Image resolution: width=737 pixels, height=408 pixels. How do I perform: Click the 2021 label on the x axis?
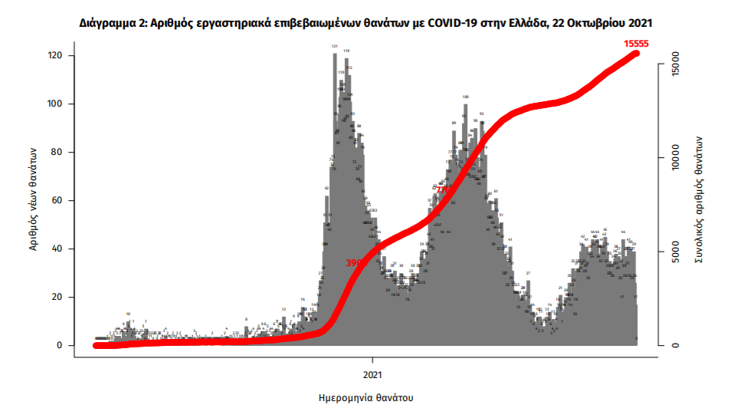[373, 376]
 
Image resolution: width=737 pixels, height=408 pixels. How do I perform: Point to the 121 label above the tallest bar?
[335, 46]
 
